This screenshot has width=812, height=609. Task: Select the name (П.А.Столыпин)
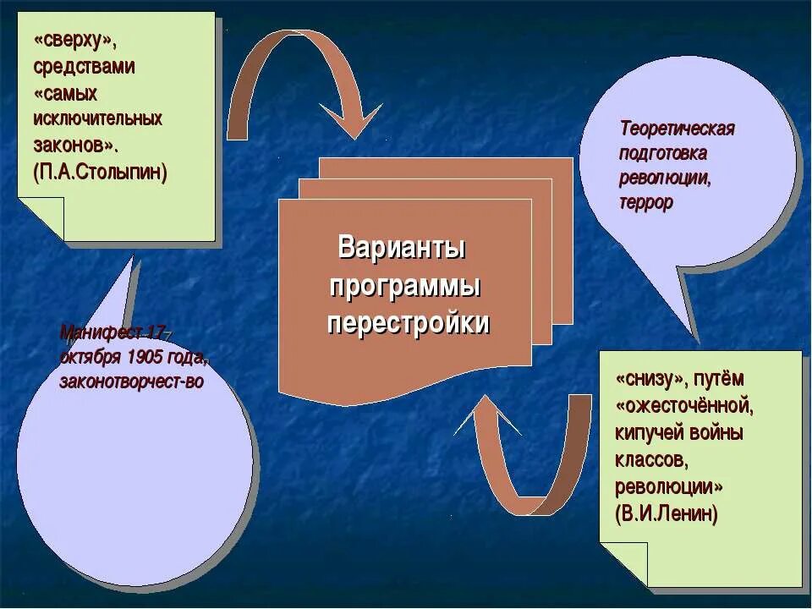click(x=101, y=172)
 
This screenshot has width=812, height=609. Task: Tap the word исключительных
click(x=98, y=118)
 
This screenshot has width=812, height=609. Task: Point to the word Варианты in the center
click(x=403, y=249)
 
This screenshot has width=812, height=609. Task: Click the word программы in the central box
click(x=406, y=287)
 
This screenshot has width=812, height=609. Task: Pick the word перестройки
click(x=409, y=324)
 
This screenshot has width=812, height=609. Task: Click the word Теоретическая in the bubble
click(x=677, y=129)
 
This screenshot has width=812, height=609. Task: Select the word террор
click(x=645, y=204)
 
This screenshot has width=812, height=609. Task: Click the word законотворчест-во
click(x=131, y=381)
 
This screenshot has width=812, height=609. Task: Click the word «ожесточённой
click(x=684, y=405)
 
